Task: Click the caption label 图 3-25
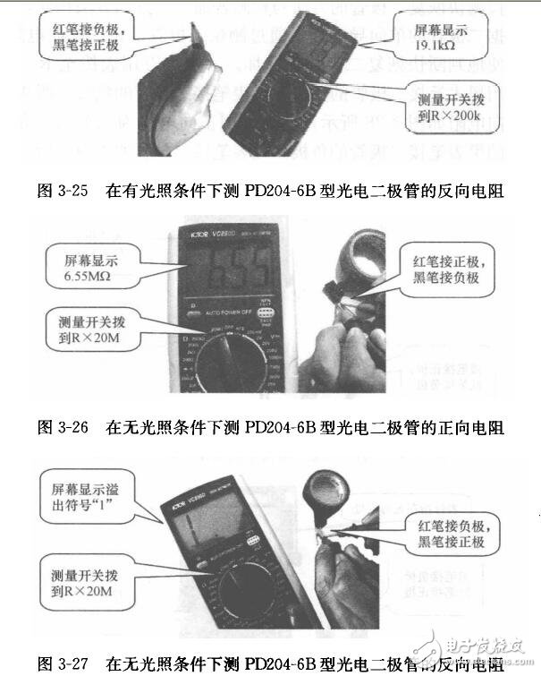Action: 62,189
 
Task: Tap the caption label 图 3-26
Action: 62,427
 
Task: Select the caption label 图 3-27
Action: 62,664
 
